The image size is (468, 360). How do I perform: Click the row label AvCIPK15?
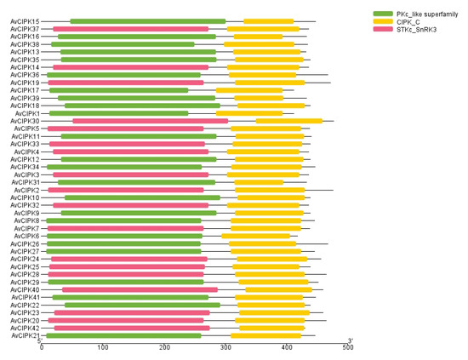[25, 21]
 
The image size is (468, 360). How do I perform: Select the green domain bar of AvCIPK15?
[147, 21]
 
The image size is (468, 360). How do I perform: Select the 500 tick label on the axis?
[348, 347]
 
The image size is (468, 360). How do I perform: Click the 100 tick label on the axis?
[102, 347]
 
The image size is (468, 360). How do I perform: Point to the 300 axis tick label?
[225, 347]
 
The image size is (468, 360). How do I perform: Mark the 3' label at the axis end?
[350, 340]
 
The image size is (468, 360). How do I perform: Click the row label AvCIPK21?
[25, 335]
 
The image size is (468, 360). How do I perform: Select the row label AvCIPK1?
[26, 113]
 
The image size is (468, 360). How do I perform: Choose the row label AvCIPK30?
[25, 121]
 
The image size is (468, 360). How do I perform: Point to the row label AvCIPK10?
[25, 197]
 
